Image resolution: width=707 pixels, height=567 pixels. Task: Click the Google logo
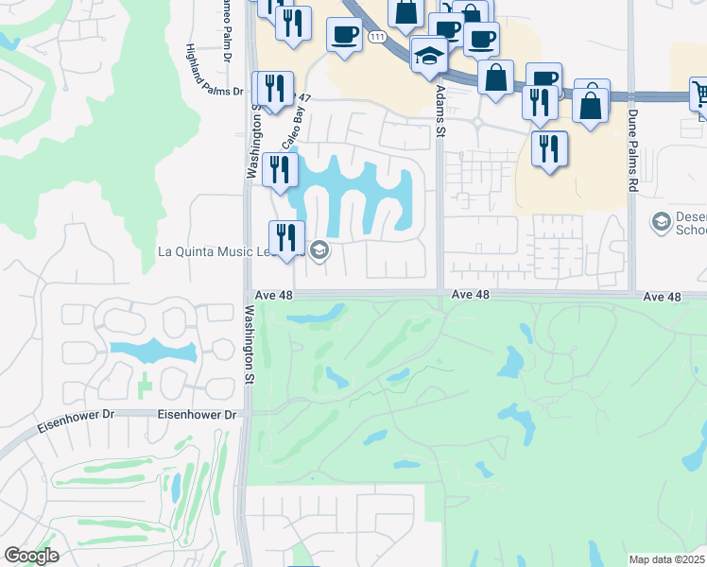tap(31, 556)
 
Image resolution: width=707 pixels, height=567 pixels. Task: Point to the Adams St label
tap(440, 112)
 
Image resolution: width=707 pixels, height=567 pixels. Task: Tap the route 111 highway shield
tap(378, 36)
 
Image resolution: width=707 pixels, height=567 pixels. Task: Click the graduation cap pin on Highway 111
tap(429, 55)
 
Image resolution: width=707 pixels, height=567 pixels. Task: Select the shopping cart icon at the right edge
tap(700, 94)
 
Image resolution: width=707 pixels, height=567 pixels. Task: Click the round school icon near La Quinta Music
tap(319, 249)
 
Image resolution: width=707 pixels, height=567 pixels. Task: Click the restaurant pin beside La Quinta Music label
tap(285, 237)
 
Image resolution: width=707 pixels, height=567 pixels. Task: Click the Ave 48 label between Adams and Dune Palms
tap(471, 295)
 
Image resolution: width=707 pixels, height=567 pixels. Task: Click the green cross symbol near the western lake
tap(143, 387)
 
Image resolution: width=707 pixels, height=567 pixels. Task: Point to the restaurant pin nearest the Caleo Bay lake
tap(280, 169)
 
